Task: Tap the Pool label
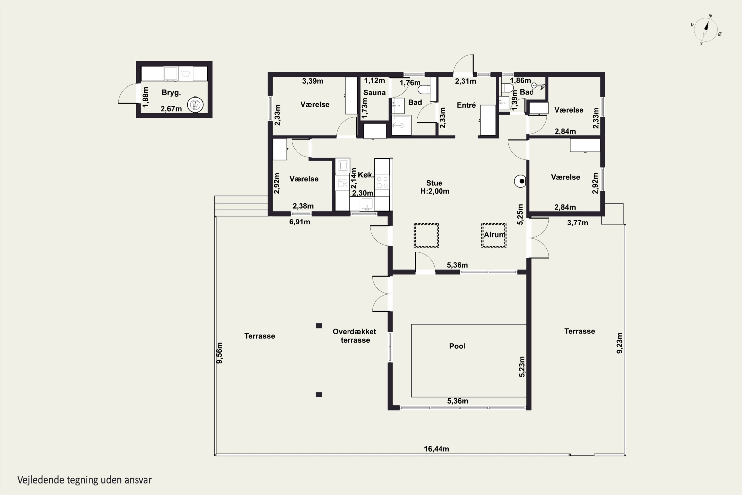tap(457, 346)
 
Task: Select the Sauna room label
tap(374, 93)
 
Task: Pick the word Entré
tap(466, 105)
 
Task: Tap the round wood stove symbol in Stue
tap(520, 181)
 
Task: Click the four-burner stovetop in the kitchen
tap(382, 182)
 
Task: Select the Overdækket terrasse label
tap(355, 336)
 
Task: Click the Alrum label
tap(495, 235)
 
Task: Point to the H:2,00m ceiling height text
tap(435, 191)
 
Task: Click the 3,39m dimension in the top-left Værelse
tap(313, 81)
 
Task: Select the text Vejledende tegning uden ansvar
tap(85, 480)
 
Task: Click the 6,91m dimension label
tap(300, 222)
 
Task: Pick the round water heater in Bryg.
tap(195, 105)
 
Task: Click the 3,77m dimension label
tap(577, 223)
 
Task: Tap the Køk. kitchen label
tap(366, 175)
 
